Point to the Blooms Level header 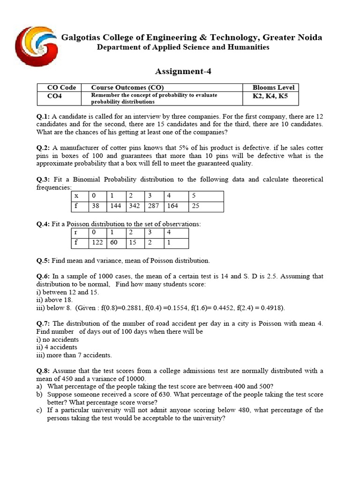(273, 88)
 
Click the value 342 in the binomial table (134, 206)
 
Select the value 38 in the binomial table (96, 206)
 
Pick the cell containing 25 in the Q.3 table (195, 206)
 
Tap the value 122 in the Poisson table (97, 242)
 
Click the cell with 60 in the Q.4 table (114, 242)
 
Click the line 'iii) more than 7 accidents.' (74, 355)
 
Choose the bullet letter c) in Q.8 (39, 410)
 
